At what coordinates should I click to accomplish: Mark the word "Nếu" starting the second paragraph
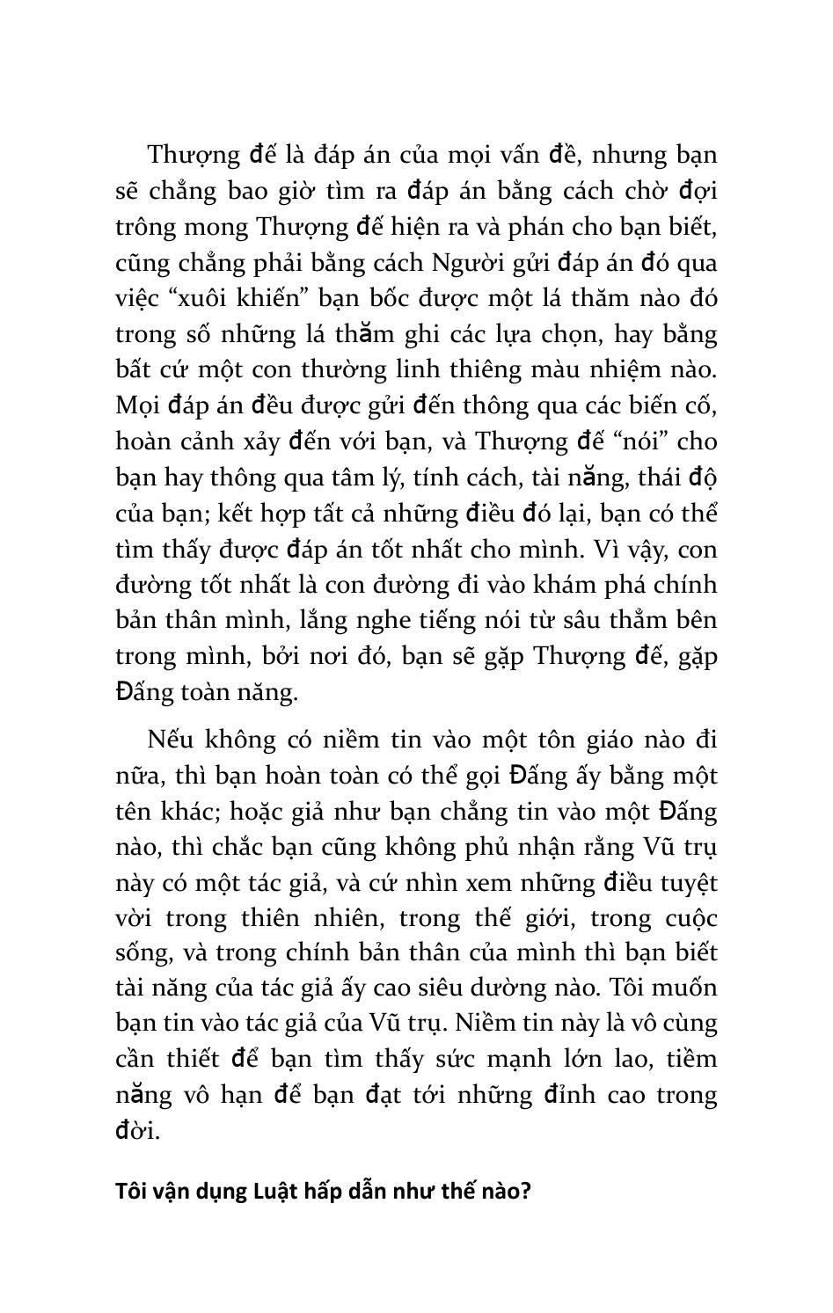169,740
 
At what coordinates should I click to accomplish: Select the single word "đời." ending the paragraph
138,1131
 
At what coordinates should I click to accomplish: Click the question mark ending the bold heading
526,1193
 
